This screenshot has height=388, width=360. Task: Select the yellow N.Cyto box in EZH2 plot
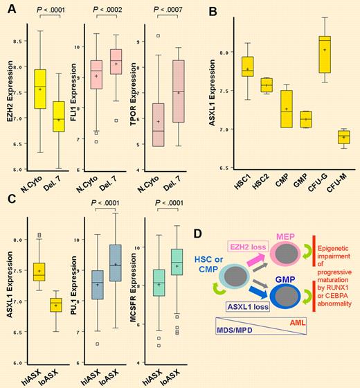coord(40,88)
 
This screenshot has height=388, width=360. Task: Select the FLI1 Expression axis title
coord(76,90)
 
